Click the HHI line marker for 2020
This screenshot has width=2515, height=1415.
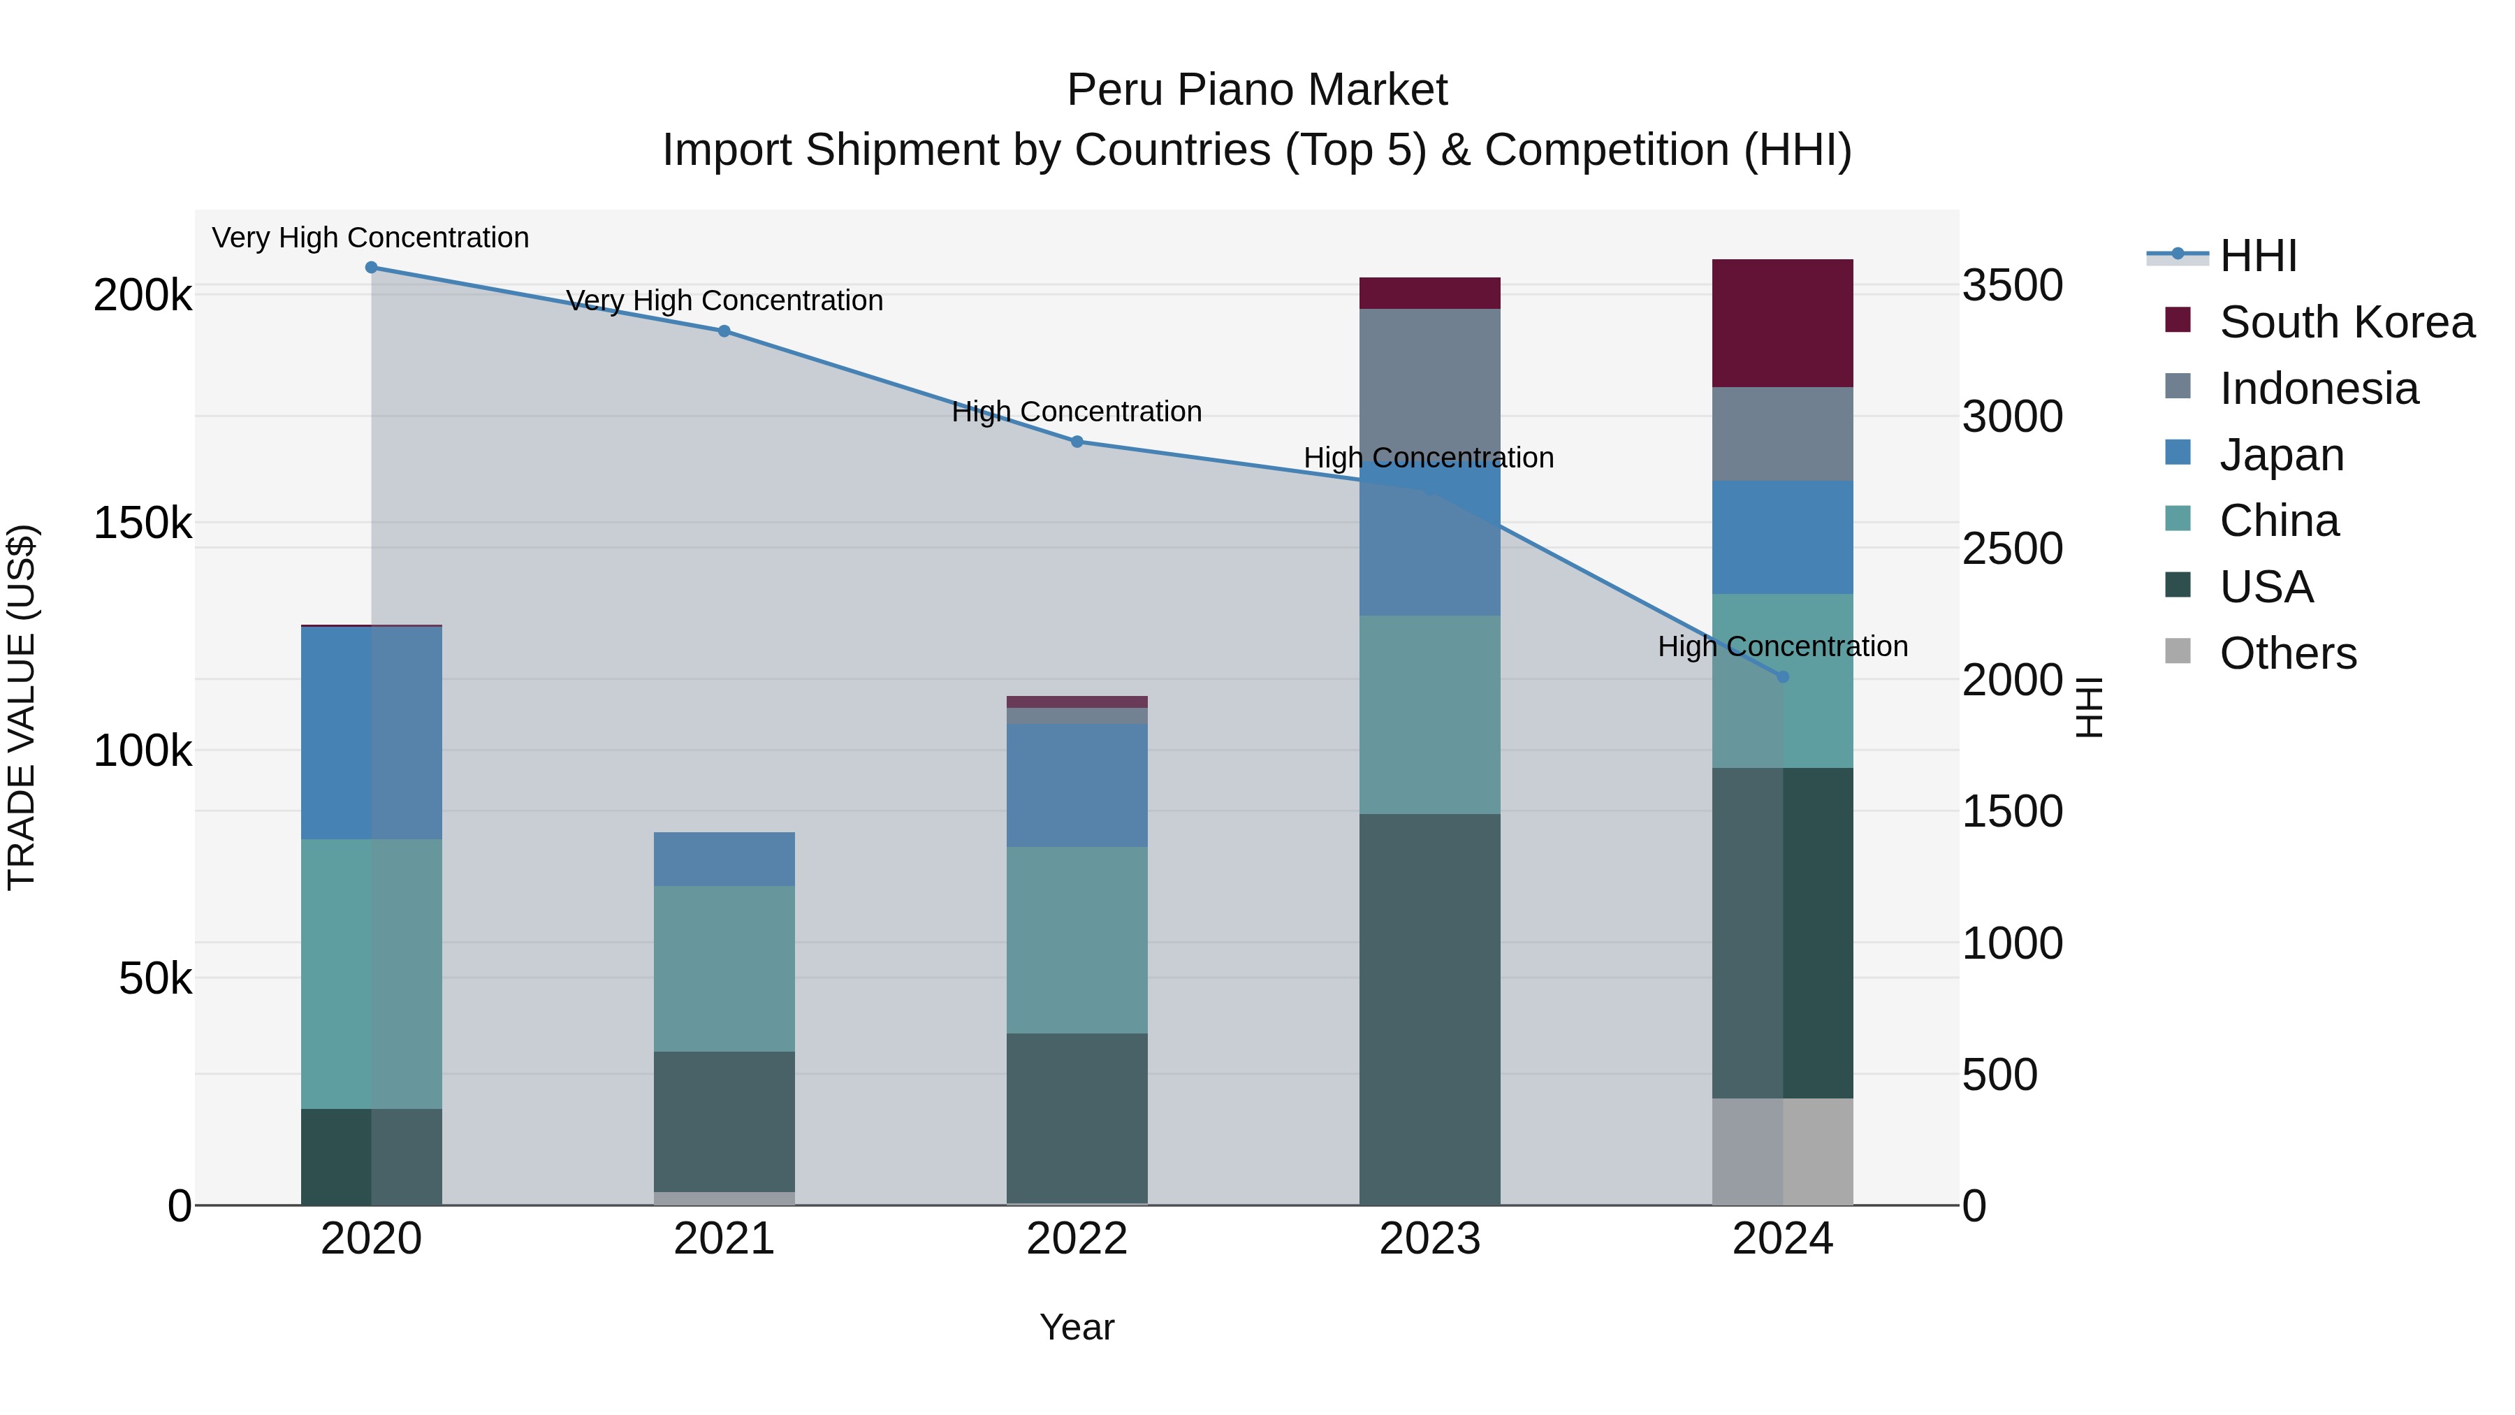point(371,268)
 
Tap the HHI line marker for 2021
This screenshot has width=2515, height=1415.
point(724,331)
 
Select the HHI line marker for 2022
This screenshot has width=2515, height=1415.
point(1077,442)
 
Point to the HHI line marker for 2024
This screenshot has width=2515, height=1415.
point(1783,676)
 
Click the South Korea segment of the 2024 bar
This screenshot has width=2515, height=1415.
point(1783,324)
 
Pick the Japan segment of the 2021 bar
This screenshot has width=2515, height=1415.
point(724,859)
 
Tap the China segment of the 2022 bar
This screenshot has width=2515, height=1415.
point(1077,939)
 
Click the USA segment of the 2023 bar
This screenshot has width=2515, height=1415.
point(1429,1009)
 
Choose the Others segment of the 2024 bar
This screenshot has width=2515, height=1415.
point(1783,1152)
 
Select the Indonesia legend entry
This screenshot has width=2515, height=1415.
point(2319,389)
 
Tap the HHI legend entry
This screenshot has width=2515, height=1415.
point(2257,256)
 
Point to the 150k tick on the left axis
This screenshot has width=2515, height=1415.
point(143,523)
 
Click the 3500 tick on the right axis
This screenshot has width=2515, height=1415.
point(2012,286)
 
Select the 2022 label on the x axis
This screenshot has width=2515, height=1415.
point(1077,1239)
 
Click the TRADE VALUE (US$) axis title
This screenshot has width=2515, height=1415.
point(22,707)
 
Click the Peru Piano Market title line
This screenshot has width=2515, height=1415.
point(1257,90)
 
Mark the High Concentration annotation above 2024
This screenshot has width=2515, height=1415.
point(1783,646)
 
